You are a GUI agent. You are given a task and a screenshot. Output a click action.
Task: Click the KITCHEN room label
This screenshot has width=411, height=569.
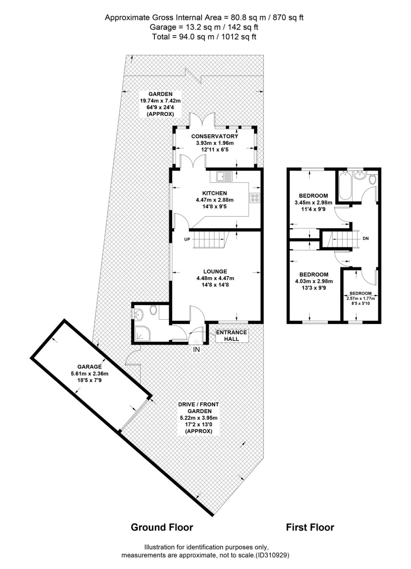[x=214, y=193]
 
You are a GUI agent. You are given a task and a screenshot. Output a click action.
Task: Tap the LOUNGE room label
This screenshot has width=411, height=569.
[x=215, y=271]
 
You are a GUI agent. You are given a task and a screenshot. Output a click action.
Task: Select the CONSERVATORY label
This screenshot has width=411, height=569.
[x=214, y=136]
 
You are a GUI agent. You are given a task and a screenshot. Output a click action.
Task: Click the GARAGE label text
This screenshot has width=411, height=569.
[x=90, y=366]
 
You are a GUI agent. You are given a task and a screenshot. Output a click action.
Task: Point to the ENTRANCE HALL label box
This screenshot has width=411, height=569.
[x=231, y=335]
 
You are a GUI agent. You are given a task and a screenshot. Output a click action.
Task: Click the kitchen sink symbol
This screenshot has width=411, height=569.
[x=224, y=176]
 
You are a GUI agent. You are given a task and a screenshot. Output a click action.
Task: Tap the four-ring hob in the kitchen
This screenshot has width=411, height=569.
[x=255, y=198]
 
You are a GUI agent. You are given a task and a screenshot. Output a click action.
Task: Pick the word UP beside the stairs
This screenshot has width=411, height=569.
[x=187, y=239]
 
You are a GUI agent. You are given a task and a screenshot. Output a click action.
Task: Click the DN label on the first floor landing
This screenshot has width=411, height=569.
[x=365, y=239]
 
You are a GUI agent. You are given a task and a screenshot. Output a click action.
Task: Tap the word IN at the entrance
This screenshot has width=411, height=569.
[x=197, y=350]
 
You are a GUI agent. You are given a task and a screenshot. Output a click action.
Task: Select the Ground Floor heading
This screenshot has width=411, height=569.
[x=162, y=527]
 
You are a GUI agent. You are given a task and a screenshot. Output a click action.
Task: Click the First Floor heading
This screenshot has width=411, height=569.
[x=310, y=527]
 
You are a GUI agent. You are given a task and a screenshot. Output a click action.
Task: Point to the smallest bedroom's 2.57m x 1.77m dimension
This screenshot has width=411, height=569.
[x=361, y=298]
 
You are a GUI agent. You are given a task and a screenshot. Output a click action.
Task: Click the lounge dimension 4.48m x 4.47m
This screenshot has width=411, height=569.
[x=215, y=278]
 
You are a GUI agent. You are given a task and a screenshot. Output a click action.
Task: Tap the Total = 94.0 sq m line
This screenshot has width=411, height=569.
[x=204, y=37]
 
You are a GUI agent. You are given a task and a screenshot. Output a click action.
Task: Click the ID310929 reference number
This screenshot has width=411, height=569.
[x=272, y=555]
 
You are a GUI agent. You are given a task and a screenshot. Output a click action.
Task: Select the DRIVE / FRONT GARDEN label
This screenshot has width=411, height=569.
[x=198, y=407]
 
